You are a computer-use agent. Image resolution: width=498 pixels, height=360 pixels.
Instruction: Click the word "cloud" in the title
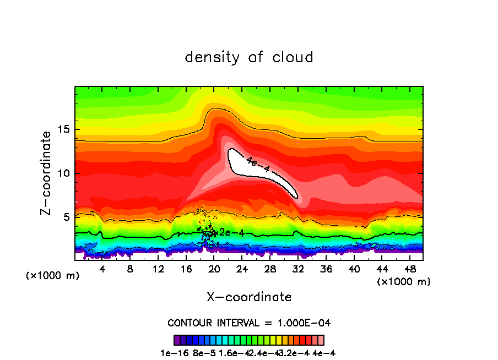(293, 57)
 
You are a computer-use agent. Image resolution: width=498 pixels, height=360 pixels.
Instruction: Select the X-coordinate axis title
(249, 297)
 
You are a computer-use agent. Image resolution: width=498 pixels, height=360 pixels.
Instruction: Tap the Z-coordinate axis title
(47, 173)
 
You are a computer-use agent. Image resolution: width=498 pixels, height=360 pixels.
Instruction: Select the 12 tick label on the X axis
(159, 269)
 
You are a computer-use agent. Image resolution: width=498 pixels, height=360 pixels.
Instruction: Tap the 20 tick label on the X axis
(214, 269)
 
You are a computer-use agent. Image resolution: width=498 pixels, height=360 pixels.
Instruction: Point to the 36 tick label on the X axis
(326, 269)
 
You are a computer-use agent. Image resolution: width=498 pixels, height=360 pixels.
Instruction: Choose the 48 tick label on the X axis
(409, 269)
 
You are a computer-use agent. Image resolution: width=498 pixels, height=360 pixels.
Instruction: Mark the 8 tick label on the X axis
(131, 269)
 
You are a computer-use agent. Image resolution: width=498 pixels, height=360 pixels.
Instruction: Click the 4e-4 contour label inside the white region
(258, 165)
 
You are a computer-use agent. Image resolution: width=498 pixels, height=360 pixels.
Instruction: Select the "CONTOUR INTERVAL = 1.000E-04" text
(249, 323)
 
